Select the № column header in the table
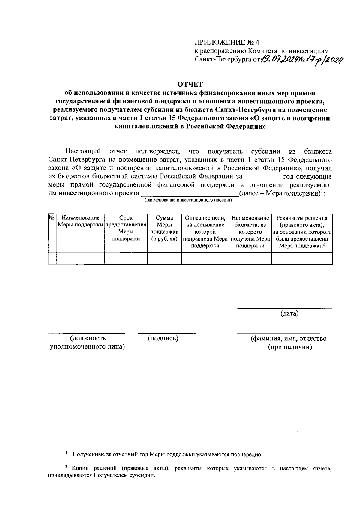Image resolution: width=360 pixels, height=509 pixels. pyautogui.click(x=52, y=217)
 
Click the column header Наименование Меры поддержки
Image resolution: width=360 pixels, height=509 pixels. pyautogui.click(x=80, y=221)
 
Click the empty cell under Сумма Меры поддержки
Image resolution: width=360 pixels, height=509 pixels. pyautogui.click(x=164, y=258)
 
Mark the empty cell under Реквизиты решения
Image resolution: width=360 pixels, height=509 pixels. pyautogui.click(x=302, y=258)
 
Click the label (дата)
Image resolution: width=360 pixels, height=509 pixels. pyautogui.click(x=289, y=314)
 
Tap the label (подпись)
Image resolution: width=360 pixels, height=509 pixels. pyautogui.click(x=163, y=338)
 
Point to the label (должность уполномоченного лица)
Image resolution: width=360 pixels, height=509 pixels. pyautogui.click(x=87, y=343)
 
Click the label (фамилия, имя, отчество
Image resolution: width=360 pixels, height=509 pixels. pyautogui.click(x=289, y=339)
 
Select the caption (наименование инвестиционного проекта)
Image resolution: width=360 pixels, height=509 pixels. pyautogui.click(x=188, y=200)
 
